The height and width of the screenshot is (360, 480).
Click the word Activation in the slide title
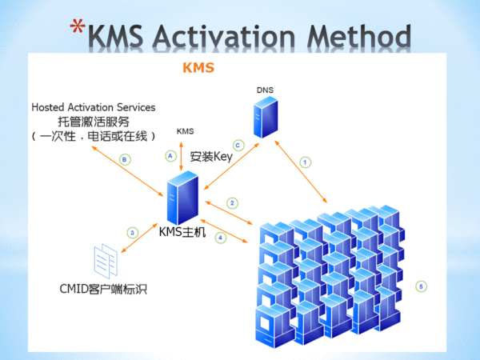pos(238,36)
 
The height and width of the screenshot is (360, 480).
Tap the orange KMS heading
pos(199,68)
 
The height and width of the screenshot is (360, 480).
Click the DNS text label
pos(265,90)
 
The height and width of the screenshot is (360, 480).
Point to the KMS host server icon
pos(183,201)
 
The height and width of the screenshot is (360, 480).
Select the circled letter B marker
pos(124,159)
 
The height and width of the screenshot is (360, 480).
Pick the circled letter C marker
pos(238,144)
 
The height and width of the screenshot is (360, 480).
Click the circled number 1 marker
pos(305,162)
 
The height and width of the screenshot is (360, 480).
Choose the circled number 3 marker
pos(133,232)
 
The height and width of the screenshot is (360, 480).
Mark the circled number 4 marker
pos(221,238)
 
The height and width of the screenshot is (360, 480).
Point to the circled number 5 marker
pos(422,286)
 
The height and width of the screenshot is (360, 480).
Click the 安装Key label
pos(211,157)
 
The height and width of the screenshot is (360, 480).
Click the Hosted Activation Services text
pos(94,107)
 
